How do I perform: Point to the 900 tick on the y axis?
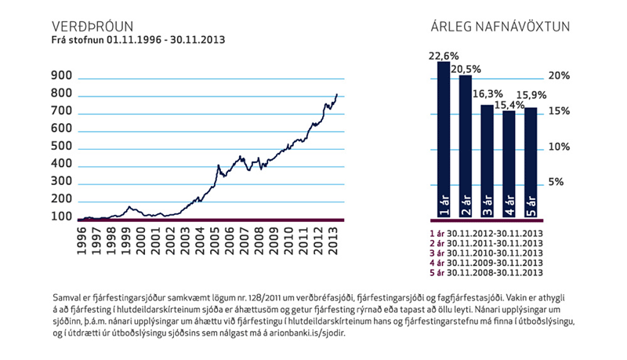pos(62,77)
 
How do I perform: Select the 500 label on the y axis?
pos(62,147)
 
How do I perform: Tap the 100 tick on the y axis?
pos(62,216)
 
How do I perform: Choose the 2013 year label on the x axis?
pos(334,238)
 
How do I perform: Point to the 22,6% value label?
pos(443,56)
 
